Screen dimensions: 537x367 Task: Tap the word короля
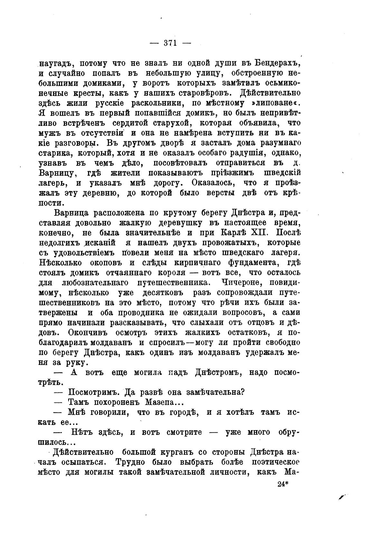[x=172, y=273]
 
